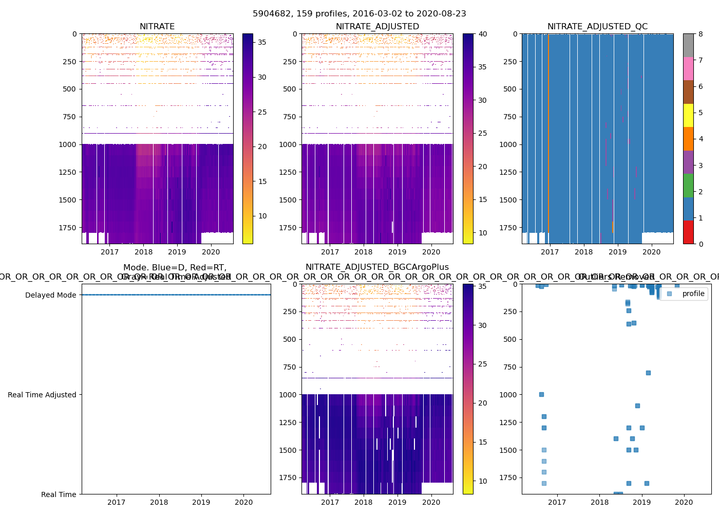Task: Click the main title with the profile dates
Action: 359,14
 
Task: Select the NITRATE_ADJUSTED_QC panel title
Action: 597,27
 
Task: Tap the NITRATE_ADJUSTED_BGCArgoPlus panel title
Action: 377,267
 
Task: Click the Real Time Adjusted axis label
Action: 42,395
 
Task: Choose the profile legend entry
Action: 693,293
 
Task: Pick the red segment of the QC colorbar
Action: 688,232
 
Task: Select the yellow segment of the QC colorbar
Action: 688,115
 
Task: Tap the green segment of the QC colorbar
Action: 688,185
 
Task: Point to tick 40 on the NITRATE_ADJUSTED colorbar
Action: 483,34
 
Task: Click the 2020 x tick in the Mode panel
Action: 243,502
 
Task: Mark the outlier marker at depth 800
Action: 648,373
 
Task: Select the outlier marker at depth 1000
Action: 541,394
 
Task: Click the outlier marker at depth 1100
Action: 637,406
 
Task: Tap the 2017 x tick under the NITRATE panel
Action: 109,252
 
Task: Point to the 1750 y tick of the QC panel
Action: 509,228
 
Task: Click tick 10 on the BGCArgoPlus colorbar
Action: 483,482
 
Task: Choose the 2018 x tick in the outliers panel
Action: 599,502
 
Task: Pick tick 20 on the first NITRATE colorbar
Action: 262,146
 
